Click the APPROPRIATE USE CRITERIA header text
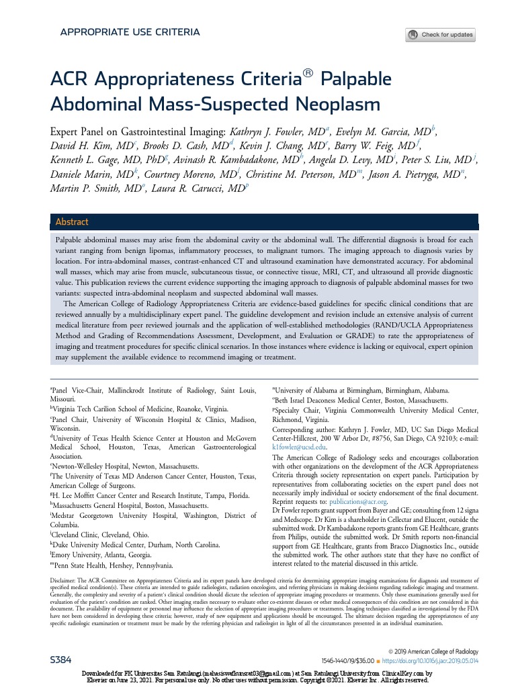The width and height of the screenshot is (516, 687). [130, 32]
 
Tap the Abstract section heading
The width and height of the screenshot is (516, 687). [72, 222]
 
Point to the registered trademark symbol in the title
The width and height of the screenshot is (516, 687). [308, 74]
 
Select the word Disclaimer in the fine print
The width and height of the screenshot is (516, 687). [68, 578]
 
